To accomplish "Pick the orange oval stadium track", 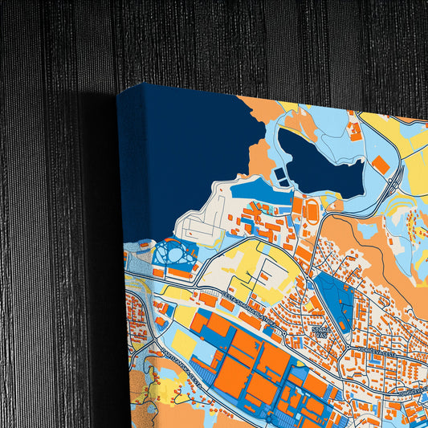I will click(x=311, y=208).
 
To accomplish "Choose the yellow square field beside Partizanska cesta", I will click(x=182, y=344).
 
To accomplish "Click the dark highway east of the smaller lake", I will click(x=393, y=184).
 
